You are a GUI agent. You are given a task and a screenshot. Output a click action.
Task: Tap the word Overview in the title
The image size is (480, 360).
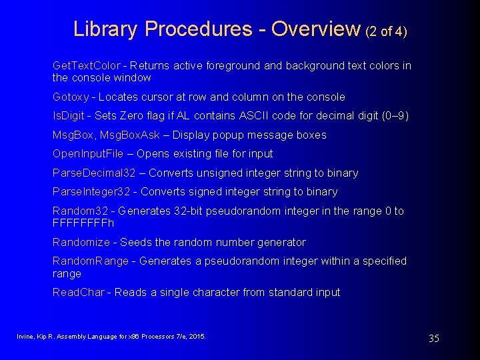pos(315,29)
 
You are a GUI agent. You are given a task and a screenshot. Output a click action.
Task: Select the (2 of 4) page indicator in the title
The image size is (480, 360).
pos(386,31)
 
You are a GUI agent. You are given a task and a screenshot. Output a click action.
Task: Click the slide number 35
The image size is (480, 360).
pos(433,339)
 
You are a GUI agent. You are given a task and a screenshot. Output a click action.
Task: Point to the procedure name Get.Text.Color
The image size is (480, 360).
pos(87,65)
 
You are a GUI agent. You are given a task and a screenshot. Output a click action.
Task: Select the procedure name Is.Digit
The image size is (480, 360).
pos(69,115)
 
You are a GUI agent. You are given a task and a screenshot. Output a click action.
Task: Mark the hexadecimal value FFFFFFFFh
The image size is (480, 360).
pos(83,223)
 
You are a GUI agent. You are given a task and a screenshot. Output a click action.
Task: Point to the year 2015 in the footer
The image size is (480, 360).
pos(198,337)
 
